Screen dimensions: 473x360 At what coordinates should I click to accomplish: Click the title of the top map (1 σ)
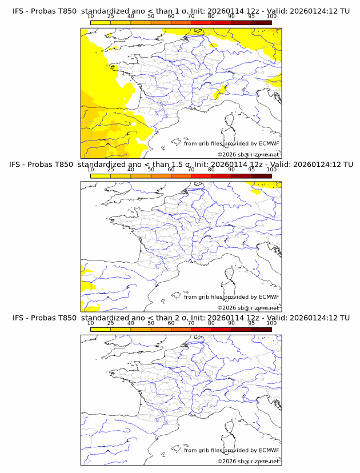tap(180, 11)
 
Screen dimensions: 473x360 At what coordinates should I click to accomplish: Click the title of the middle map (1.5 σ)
tap(180, 165)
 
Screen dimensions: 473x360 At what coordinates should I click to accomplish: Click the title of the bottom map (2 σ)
tap(180, 318)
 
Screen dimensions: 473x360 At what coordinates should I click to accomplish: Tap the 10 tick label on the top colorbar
tap(90, 17)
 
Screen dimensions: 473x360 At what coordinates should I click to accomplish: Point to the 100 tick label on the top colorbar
tap(271, 17)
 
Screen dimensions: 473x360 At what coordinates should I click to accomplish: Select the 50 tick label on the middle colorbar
tap(151, 170)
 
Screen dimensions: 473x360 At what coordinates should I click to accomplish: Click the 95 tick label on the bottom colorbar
tap(251, 323)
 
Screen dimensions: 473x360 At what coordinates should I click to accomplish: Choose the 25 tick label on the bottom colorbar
tap(110, 323)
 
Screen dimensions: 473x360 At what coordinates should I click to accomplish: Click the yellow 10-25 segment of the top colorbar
tap(101, 22)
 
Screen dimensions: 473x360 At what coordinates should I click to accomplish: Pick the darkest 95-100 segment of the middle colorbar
tap(261, 176)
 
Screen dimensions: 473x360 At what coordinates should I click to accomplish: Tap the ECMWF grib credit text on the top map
tap(231, 143)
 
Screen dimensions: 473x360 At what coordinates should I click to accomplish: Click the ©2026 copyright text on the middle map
tap(248, 307)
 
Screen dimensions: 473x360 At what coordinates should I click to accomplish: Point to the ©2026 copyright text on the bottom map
tap(248, 460)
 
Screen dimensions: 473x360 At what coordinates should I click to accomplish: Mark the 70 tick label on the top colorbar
tap(191, 17)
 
